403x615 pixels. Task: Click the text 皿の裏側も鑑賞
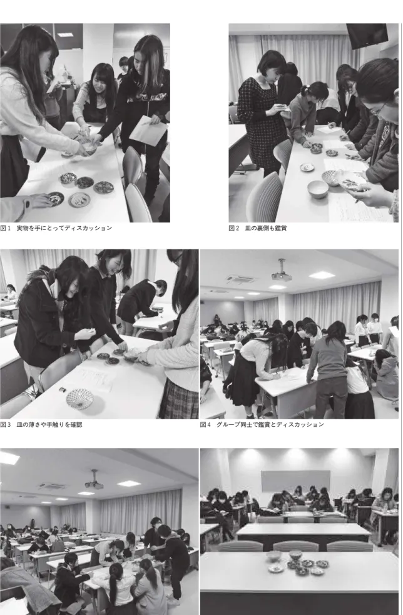tap(266, 228)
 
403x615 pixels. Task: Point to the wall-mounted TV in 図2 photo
tap(367, 36)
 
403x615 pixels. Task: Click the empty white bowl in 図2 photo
tap(318, 189)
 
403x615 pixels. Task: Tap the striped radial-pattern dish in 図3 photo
tap(79, 399)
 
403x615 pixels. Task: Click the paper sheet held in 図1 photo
tap(148, 131)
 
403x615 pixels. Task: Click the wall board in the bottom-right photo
tap(295, 481)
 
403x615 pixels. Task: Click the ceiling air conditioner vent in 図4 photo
tap(240, 279)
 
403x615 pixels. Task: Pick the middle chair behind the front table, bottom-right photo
tap(296, 547)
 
